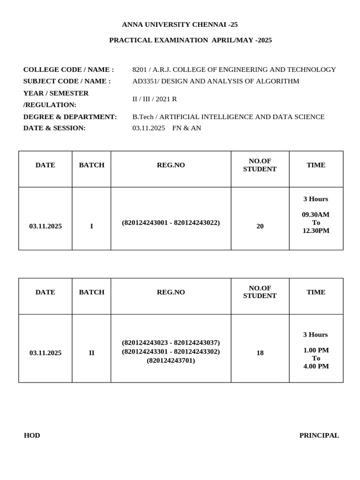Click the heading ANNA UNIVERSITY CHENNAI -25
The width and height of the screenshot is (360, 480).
176,24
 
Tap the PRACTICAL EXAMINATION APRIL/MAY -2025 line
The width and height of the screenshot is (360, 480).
190,40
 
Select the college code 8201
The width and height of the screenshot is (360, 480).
140,69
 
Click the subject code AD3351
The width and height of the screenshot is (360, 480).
143,81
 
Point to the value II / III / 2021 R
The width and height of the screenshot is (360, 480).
155,99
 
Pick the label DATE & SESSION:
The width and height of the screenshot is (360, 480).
54,128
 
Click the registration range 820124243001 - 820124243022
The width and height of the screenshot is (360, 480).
171,223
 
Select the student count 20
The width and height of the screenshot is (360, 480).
260,226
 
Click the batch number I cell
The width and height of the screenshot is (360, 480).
91,226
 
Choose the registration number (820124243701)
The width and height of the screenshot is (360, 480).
171,360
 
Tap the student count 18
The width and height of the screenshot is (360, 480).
260,352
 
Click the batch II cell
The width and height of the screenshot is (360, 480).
91,352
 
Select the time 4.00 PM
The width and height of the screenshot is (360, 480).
316,366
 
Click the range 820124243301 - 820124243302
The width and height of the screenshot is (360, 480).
171,352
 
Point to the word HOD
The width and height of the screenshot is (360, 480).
32,435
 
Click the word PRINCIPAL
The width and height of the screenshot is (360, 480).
319,435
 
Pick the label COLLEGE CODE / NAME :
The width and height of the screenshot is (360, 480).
68,69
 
